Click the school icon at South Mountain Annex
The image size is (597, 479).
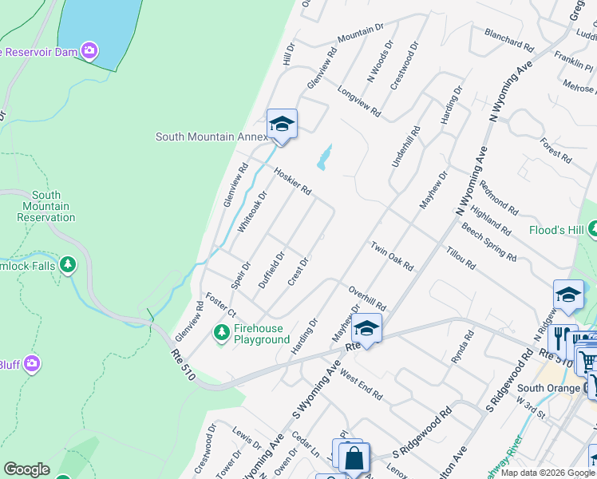[x=282, y=124]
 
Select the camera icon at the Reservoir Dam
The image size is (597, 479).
[x=89, y=51]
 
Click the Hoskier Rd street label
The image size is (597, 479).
[x=292, y=180]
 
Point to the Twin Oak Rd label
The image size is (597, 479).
[x=391, y=255]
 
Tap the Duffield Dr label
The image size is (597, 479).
[x=271, y=270]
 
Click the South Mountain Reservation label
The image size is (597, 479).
[x=46, y=206]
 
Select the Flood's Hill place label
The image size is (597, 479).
[x=556, y=231]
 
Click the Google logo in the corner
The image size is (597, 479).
[x=27, y=469]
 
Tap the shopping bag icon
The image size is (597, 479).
[x=353, y=459]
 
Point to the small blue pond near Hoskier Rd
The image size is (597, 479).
[x=323, y=158]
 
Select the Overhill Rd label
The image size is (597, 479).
[x=367, y=298]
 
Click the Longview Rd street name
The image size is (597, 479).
[x=356, y=103]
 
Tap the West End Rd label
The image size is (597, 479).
[x=361, y=384]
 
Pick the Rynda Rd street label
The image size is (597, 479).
[x=463, y=349]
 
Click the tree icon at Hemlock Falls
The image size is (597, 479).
[x=68, y=263]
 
